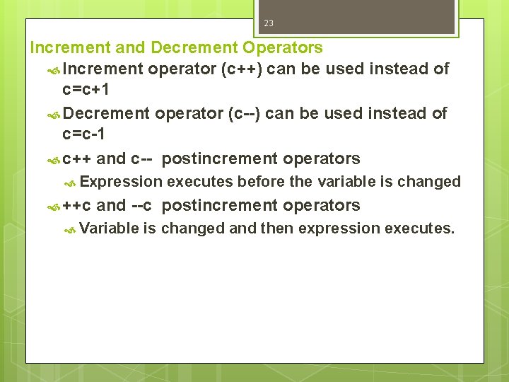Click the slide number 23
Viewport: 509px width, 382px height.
(269, 23)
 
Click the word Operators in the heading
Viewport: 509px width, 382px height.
(283, 48)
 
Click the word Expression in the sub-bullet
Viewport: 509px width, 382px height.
(121, 182)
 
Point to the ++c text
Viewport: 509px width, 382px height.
(76, 206)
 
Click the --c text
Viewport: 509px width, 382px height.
(141, 206)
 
